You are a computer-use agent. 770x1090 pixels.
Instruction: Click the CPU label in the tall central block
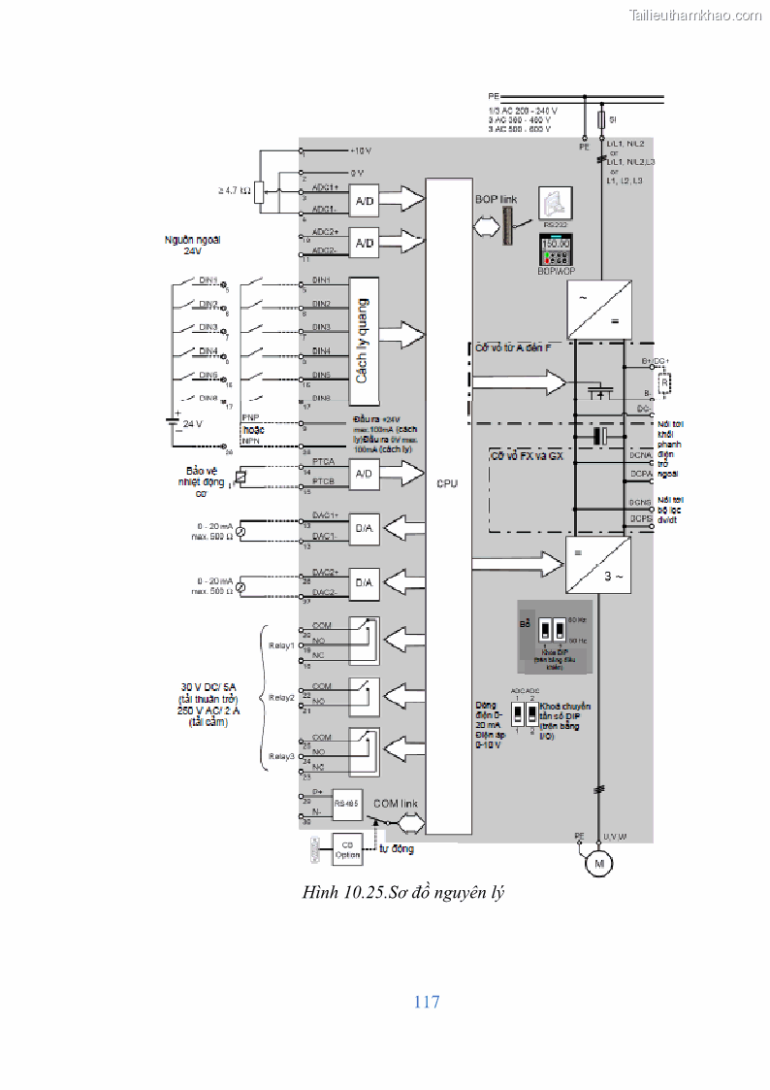[x=447, y=482]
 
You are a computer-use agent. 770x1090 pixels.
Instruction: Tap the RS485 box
[x=346, y=804]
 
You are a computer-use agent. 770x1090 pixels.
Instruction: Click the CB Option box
[x=347, y=848]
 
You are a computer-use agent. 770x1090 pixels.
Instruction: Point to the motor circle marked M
[x=599, y=864]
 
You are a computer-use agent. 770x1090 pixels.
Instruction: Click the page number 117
[x=427, y=1002]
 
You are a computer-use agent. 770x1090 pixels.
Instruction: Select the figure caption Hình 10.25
[x=404, y=892]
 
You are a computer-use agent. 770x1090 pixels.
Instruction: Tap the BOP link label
[x=497, y=198]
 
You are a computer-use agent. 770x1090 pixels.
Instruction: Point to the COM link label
[x=396, y=804]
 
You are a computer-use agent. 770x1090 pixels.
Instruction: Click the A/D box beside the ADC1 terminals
[x=365, y=201]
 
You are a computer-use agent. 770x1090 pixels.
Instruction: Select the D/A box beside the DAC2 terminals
[x=365, y=582]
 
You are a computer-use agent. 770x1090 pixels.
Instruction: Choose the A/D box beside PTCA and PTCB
[x=365, y=473]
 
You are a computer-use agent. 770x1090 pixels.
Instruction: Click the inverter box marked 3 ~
[x=597, y=566]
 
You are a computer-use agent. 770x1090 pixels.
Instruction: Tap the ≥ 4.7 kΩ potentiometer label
[x=235, y=191]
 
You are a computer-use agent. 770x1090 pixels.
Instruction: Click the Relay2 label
[x=281, y=697]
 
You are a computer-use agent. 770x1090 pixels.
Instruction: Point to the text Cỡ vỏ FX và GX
[x=527, y=455]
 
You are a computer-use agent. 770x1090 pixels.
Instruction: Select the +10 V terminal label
[x=360, y=151]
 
